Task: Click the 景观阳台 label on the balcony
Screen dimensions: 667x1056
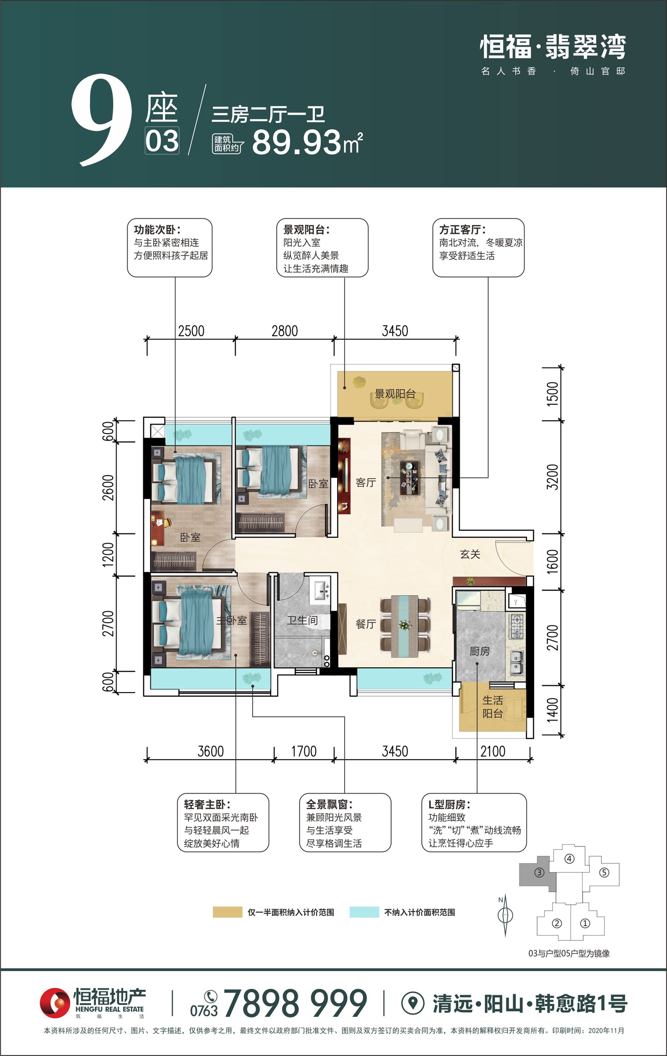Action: coord(395,394)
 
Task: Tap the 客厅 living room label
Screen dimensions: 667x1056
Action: coord(366,483)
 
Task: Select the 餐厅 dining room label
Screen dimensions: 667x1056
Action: coord(366,624)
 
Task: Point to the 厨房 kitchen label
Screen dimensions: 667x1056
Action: coord(480,651)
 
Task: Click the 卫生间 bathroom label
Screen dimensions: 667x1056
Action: coord(302,620)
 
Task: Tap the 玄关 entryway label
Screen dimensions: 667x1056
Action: coord(470,554)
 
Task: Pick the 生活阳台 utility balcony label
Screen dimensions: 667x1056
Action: coord(493,707)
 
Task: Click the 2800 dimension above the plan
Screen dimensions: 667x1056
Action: coord(285,331)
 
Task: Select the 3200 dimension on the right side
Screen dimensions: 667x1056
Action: coord(552,477)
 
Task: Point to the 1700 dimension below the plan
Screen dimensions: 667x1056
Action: coord(304,751)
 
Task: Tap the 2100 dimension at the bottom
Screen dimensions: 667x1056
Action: coord(493,751)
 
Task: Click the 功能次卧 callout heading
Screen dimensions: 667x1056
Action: coord(157,230)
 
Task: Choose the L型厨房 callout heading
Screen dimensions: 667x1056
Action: coord(450,804)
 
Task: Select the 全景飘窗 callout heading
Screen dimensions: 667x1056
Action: coord(329,804)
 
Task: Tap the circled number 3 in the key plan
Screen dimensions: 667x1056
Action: coord(539,872)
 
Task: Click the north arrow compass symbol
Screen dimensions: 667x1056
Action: coord(505,915)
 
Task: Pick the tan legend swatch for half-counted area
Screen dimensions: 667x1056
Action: coord(227,912)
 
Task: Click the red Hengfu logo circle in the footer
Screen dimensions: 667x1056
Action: coord(55,1003)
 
